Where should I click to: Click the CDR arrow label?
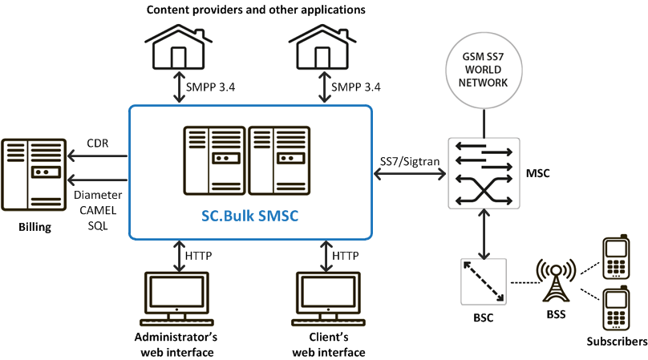coord(97,145)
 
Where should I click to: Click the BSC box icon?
coord(482,281)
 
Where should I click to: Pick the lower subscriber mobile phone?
coord(615,308)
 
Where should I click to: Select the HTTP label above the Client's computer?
coord(345,256)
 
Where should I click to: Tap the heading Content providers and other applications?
coord(245,10)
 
